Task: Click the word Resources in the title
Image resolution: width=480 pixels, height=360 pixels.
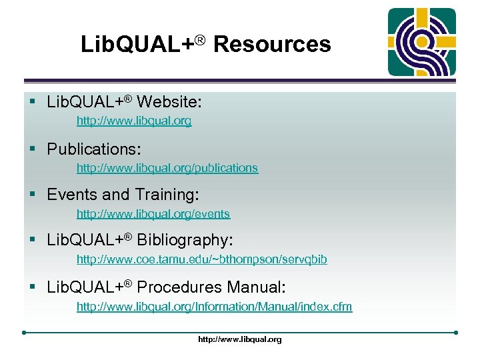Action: tap(272, 45)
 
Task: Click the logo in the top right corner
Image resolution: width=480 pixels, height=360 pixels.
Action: tap(423, 42)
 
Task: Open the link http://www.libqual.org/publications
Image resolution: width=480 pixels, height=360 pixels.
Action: tap(167, 168)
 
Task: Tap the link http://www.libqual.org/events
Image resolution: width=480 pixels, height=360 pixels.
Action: tap(153, 214)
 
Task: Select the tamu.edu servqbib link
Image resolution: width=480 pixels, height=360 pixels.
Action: tap(201, 259)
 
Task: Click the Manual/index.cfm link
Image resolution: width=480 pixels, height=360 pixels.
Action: tap(214, 307)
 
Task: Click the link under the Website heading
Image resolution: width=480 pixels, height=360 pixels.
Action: tap(133, 121)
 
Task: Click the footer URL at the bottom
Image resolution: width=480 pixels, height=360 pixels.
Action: tap(240, 339)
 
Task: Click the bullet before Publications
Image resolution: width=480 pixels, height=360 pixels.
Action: tap(31, 149)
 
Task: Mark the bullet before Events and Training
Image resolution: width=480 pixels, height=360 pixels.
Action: tap(31, 195)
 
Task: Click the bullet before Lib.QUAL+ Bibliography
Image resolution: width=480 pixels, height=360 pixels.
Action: tap(31, 240)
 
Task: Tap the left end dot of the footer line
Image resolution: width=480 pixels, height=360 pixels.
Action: tap(23, 332)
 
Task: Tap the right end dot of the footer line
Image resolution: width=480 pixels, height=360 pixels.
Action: tap(456, 332)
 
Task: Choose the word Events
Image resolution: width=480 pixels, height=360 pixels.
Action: tap(72, 195)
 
